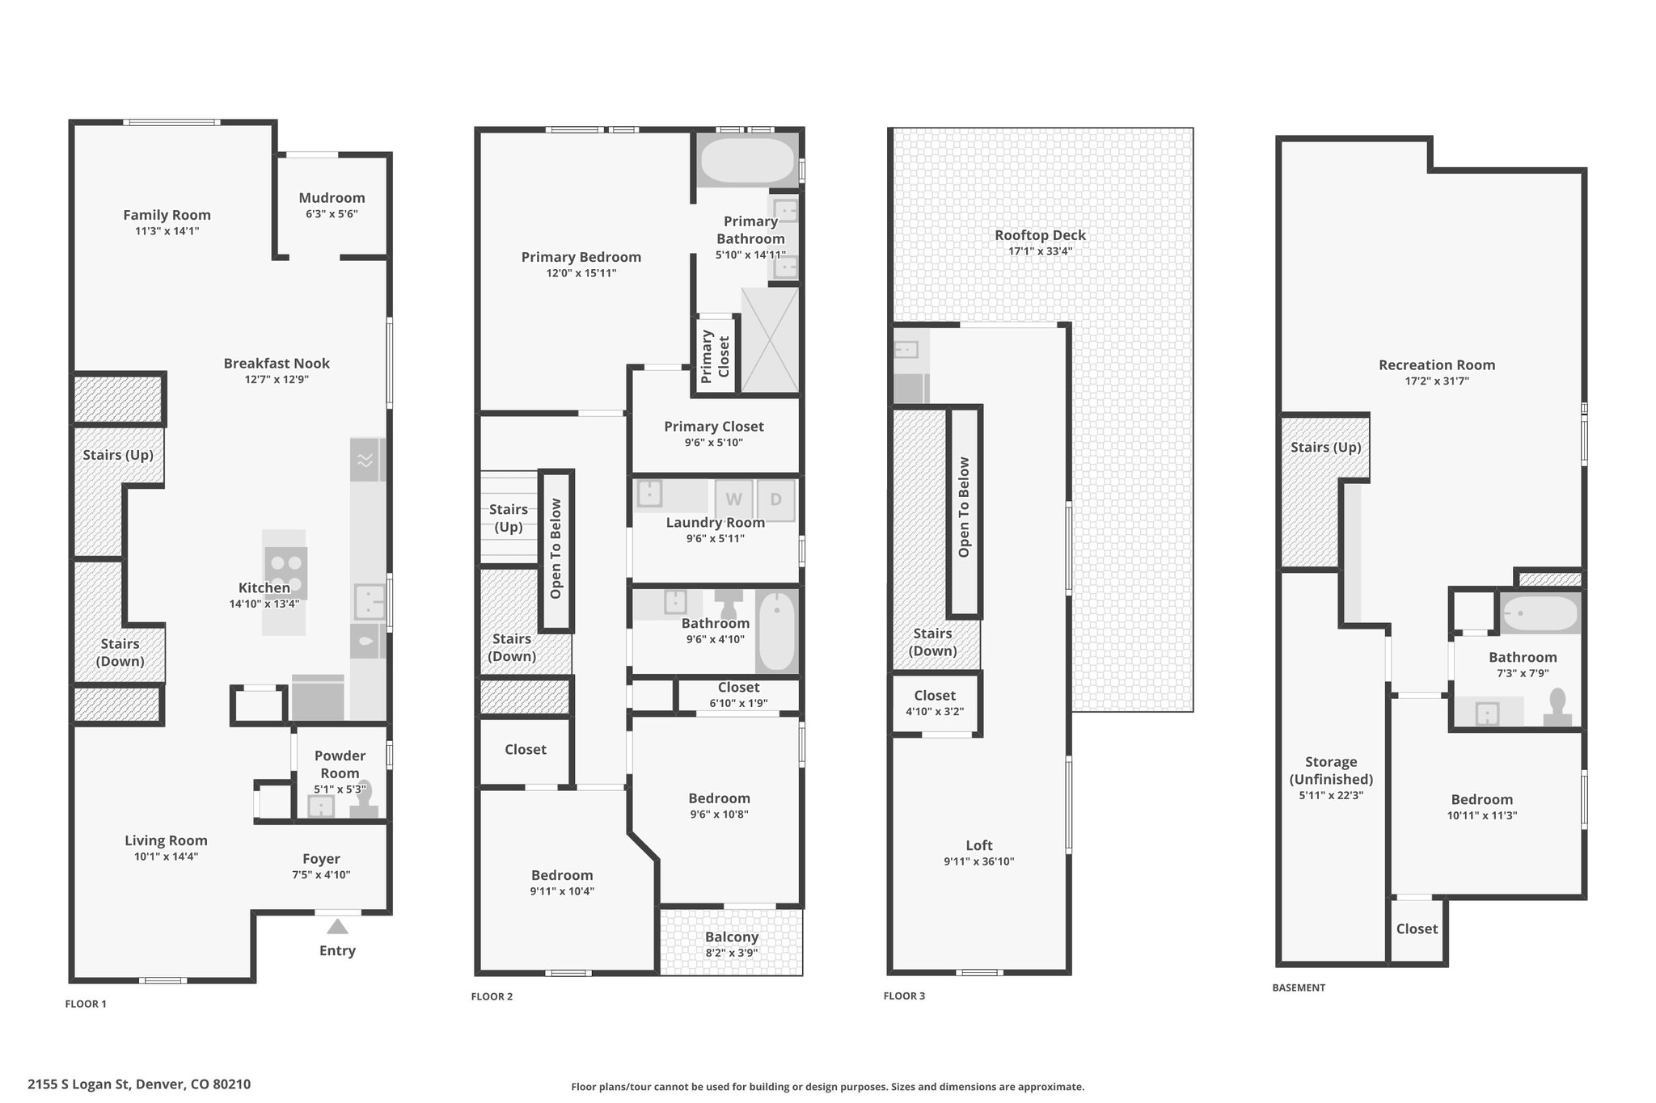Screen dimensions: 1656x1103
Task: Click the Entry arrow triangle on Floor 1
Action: click(337, 926)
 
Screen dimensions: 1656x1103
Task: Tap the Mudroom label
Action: click(332, 198)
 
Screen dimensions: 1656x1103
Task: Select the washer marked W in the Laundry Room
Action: click(733, 499)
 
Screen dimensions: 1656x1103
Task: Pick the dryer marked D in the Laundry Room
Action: click(776, 499)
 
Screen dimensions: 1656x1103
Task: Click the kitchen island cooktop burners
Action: click(286, 573)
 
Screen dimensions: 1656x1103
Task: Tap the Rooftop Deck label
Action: click(1040, 235)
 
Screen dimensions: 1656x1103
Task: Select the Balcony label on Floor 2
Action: click(732, 937)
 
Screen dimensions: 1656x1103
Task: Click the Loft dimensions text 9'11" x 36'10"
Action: click(978, 861)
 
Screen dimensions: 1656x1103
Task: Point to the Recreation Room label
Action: click(1437, 365)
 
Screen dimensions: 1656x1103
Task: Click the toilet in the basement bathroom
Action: click(1557, 709)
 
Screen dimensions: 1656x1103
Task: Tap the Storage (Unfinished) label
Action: click(1331, 770)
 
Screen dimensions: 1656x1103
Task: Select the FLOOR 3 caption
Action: click(904, 996)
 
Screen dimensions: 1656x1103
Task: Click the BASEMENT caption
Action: click(1299, 987)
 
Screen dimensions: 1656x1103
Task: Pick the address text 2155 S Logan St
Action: click(78, 1084)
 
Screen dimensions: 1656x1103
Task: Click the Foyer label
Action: click(321, 859)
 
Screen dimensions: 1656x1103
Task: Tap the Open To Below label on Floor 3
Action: click(964, 507)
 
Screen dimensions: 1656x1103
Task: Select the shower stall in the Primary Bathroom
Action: click(769, 340)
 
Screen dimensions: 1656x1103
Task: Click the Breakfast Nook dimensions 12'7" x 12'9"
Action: click(277, 380)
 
